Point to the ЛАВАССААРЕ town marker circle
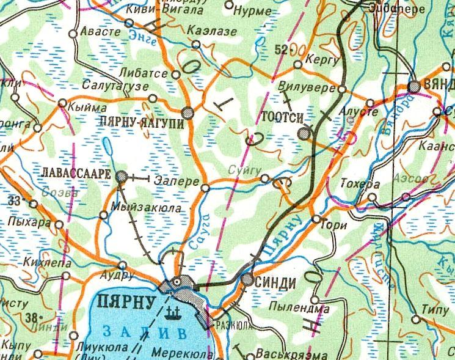(122, 177)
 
